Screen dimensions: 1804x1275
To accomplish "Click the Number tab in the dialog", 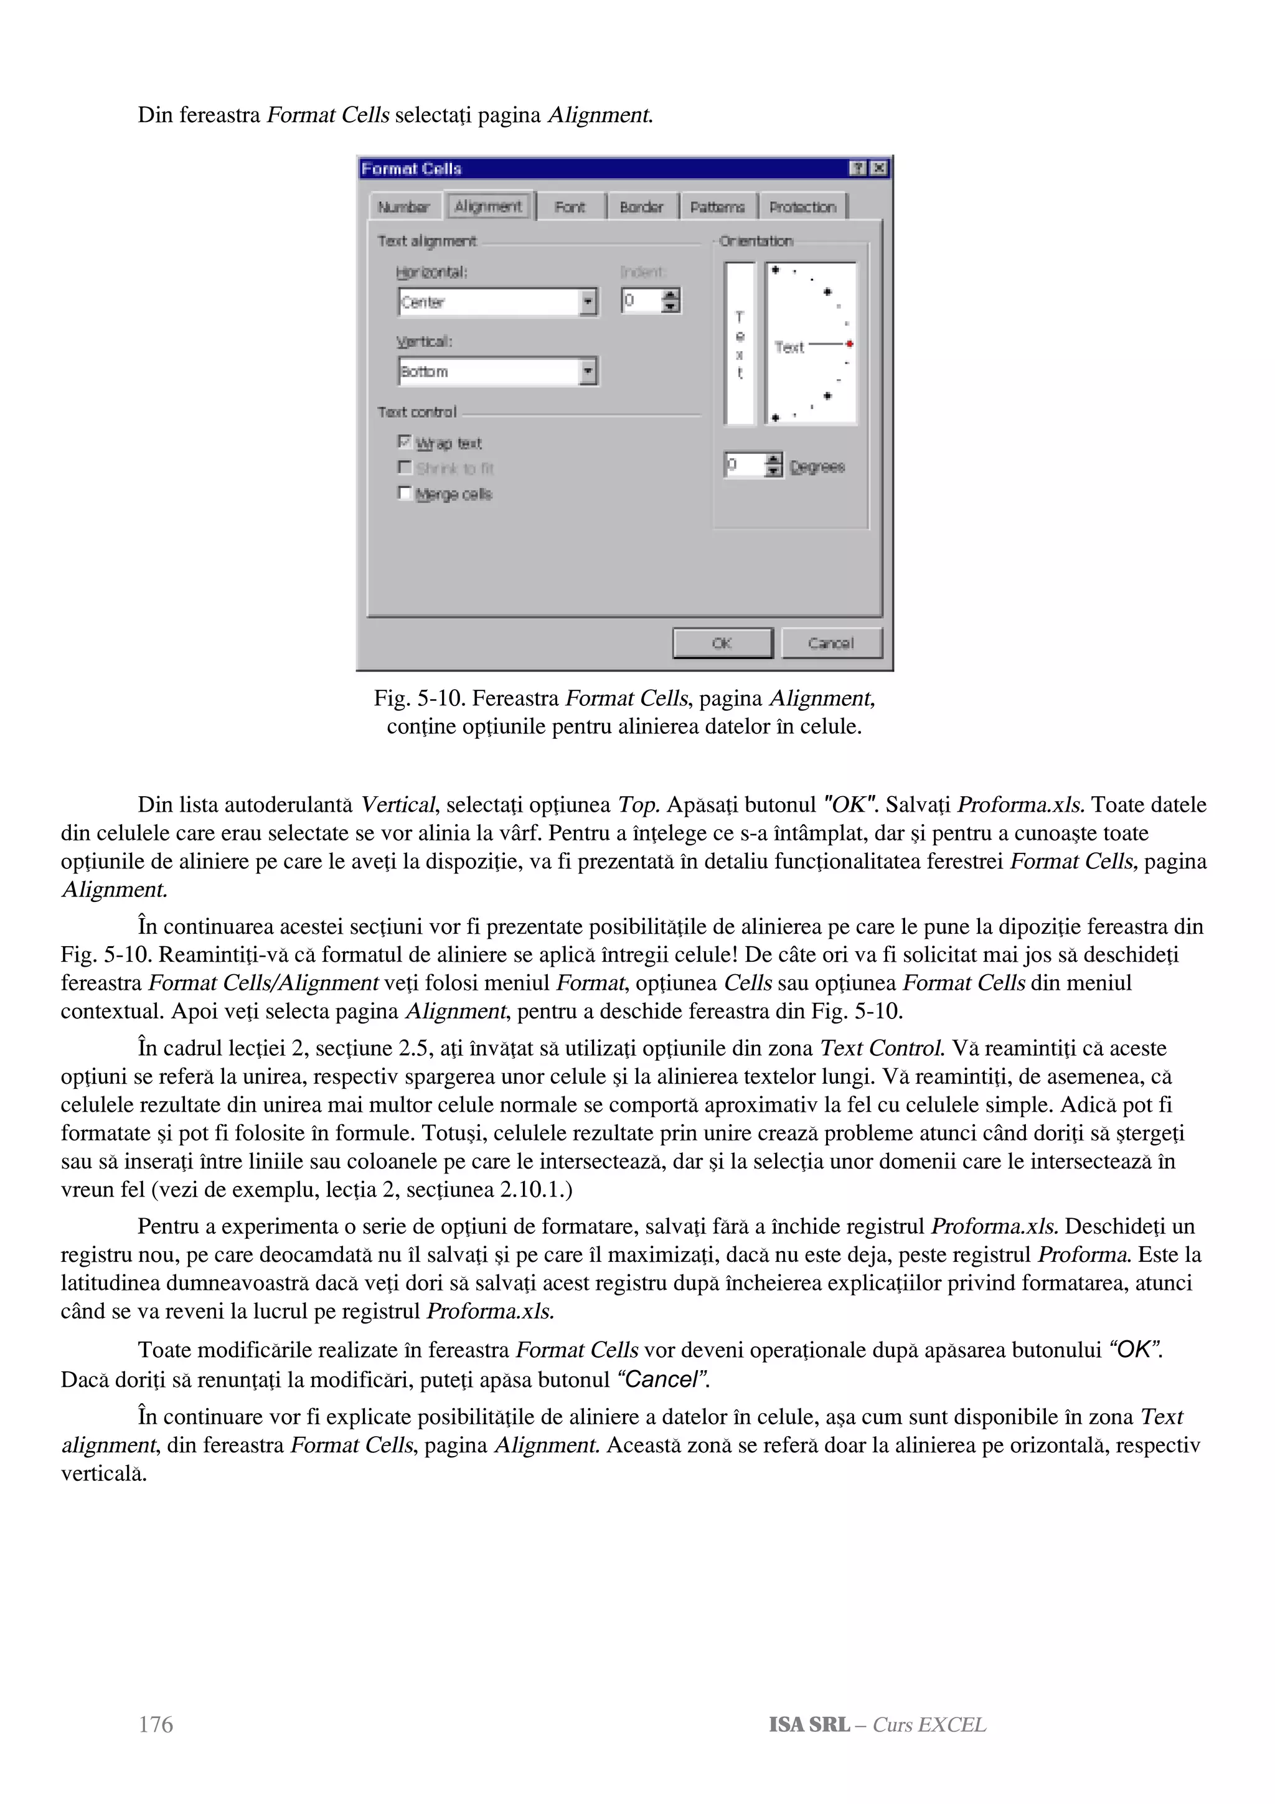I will tap(403, 207).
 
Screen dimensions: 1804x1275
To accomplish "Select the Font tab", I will tap(570, 207).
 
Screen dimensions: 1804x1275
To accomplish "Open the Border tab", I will tap(641, 207).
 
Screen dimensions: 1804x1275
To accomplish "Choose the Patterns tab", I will tap(717, 207).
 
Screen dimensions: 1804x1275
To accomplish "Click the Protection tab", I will tap(802, 207).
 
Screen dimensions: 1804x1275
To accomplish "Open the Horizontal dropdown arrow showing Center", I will tap(588, 302).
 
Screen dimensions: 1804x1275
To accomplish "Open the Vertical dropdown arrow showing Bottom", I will tap(588, 371).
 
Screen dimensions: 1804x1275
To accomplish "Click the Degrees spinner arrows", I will tap(774, 465).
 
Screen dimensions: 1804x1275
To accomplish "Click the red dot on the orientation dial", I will tap(850, 344).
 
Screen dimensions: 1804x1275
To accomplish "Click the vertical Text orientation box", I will tap(739, 344).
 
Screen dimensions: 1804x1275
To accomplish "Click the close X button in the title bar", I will tap(879, 168).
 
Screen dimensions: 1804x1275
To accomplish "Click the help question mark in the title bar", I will tap(859, 168).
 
